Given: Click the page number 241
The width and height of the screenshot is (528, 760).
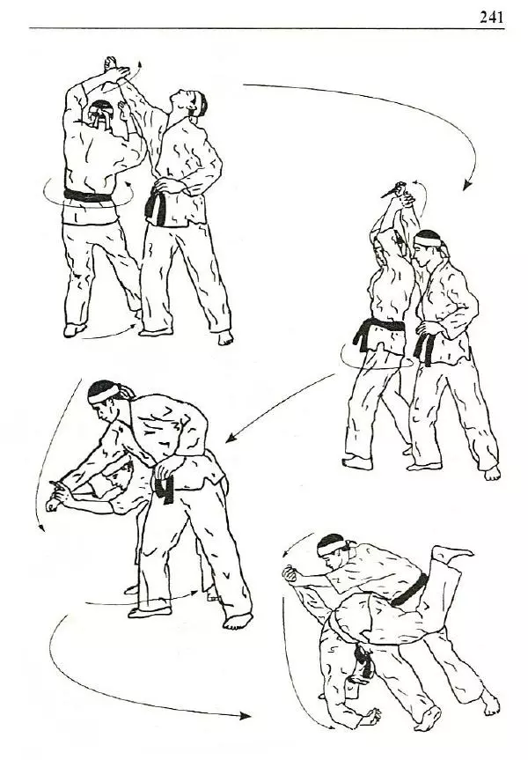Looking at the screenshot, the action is click(x=492, y=18).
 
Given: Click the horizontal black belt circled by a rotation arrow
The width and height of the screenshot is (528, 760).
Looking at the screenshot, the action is click(x=88, y=196).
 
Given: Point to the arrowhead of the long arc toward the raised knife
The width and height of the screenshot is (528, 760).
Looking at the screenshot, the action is click(x=466, y=185).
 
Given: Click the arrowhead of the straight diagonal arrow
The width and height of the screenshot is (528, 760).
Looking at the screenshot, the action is click(x=231, y=438).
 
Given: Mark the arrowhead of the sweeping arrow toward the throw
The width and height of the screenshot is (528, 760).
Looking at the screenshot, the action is click(x=246, y=716).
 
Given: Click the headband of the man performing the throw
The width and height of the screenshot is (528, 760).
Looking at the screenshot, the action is click(x=332, y=547).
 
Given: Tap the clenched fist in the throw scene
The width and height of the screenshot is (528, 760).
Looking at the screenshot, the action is click(x=290, y=574).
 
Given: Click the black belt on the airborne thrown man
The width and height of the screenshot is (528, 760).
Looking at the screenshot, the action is click(x=410, y=590).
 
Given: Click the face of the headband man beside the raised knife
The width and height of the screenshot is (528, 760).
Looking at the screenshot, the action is click(x=422, y=255).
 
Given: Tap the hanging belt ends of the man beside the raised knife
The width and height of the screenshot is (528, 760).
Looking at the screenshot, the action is click(x=425, y=348).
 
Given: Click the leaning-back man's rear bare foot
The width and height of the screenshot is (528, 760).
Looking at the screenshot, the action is click(x=226, y=337).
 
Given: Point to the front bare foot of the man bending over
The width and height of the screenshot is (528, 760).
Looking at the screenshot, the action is click(x=238, y=621).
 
